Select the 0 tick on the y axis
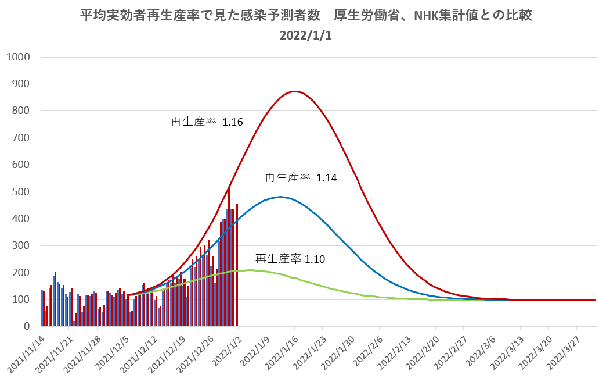click(x=27, y=327)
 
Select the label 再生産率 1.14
click(x=301, y=178)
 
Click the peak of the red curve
click(x=295, y=91)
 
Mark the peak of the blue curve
click(x=280, y=197)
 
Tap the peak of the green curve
click(x=250, y=270)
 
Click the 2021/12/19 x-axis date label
click(x=167, y=353)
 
